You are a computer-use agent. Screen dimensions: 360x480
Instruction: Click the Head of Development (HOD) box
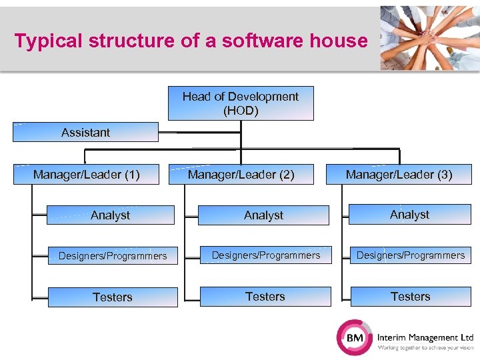(x=241, y=103)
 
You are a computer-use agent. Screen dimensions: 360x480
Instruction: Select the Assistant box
(x=86, y=132)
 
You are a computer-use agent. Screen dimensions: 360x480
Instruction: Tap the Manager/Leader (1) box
(x=87, y=175)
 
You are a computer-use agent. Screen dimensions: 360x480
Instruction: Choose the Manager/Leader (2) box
(x=241, y=175)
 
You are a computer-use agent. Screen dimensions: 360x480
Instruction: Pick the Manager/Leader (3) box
(x=399, y=175)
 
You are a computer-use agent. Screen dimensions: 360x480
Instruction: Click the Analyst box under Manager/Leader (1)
(x=111, y=215)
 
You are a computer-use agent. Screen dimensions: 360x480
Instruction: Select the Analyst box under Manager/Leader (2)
(x=263, y=215)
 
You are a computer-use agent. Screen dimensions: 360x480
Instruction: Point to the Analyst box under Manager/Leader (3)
(x=409, y=215)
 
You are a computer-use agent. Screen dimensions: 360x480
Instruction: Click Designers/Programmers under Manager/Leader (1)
(x=113, y=255)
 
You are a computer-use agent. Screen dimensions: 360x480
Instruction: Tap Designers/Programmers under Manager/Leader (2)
(x=265, y=255)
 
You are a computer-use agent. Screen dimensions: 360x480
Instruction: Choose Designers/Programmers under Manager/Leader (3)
(x=411, y=255)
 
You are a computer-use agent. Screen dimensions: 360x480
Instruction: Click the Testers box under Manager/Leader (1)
(x=113, y=297)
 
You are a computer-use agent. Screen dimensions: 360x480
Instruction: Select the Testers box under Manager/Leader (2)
(x=265, y=297)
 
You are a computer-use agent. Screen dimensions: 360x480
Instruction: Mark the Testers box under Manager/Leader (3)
(x=411, y=297)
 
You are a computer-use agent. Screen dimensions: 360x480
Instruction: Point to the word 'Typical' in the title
(x=43, y=41)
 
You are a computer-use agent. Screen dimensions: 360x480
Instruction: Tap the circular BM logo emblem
(x=355, y=337)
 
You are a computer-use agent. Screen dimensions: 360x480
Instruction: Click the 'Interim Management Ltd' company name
(x=425, y=338)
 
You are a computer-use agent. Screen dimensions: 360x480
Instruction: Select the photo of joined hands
(x=429, y=38)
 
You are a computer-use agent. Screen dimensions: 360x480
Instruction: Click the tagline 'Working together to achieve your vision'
(x=425, y=348)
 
